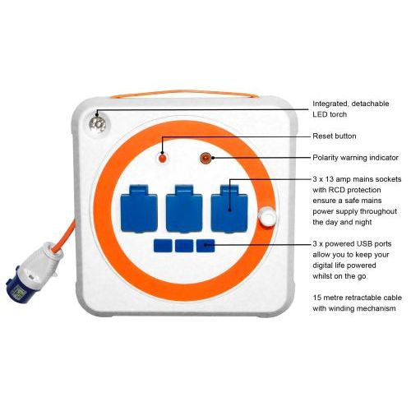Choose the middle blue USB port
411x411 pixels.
coord(184,245)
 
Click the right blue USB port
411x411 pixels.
coord(205,245)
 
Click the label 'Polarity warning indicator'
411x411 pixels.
coord(356,156)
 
